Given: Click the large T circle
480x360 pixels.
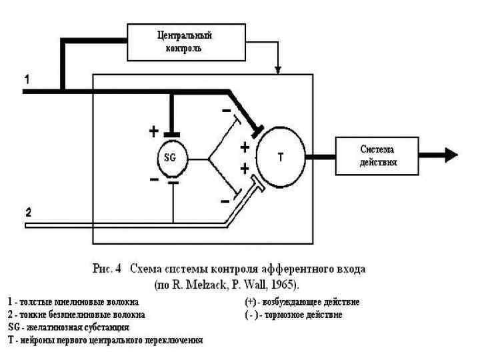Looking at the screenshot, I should click(x=279, y=157).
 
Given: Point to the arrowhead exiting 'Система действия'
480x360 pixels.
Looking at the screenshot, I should click(x=451, y=155).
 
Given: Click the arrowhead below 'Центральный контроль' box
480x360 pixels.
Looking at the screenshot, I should click(x=279, y=69).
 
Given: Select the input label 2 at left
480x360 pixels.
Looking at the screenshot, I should click(x=28, y=214).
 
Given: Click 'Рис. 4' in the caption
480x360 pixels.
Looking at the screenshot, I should click(x=105, y=270).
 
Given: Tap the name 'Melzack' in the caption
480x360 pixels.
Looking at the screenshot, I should click(x=213, y=284).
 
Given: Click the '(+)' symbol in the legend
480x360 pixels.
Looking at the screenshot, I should click(x=252, y=302).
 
